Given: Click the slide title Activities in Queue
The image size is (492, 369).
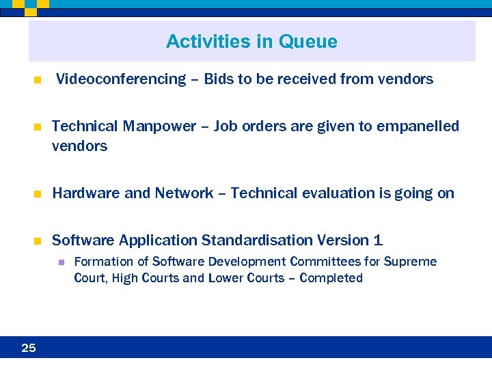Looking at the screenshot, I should click(x=251, y=42).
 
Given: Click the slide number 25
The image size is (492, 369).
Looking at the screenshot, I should click(x=29, y=348).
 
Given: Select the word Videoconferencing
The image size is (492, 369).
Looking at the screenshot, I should click(x=121, y=79).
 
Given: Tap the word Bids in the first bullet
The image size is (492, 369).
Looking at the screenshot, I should click(x=219, y=79).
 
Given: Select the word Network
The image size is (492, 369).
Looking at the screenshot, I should click(x=184, y=193).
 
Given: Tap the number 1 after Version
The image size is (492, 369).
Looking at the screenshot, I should click(x=378, y=241).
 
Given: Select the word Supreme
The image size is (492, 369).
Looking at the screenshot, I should click(x=410, y=262).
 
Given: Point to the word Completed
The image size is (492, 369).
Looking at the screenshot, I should click(x=331, y=278).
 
